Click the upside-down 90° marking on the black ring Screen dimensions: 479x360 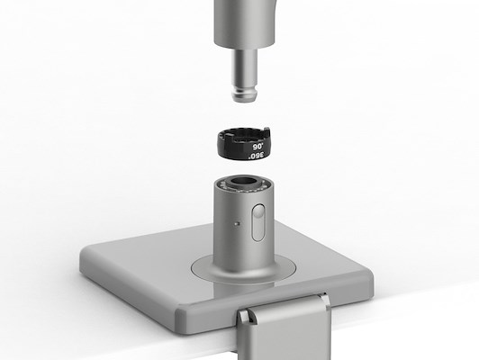(258, 147)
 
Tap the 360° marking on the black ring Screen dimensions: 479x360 (257, 156)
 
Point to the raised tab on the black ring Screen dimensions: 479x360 (267, 132)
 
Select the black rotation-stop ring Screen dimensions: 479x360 (244, 143)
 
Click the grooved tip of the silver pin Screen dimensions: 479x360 (244, 94)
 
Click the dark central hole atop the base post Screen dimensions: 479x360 (243, 181)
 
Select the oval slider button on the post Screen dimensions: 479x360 (258, 222)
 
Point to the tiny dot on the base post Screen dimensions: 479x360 (237, 224)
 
